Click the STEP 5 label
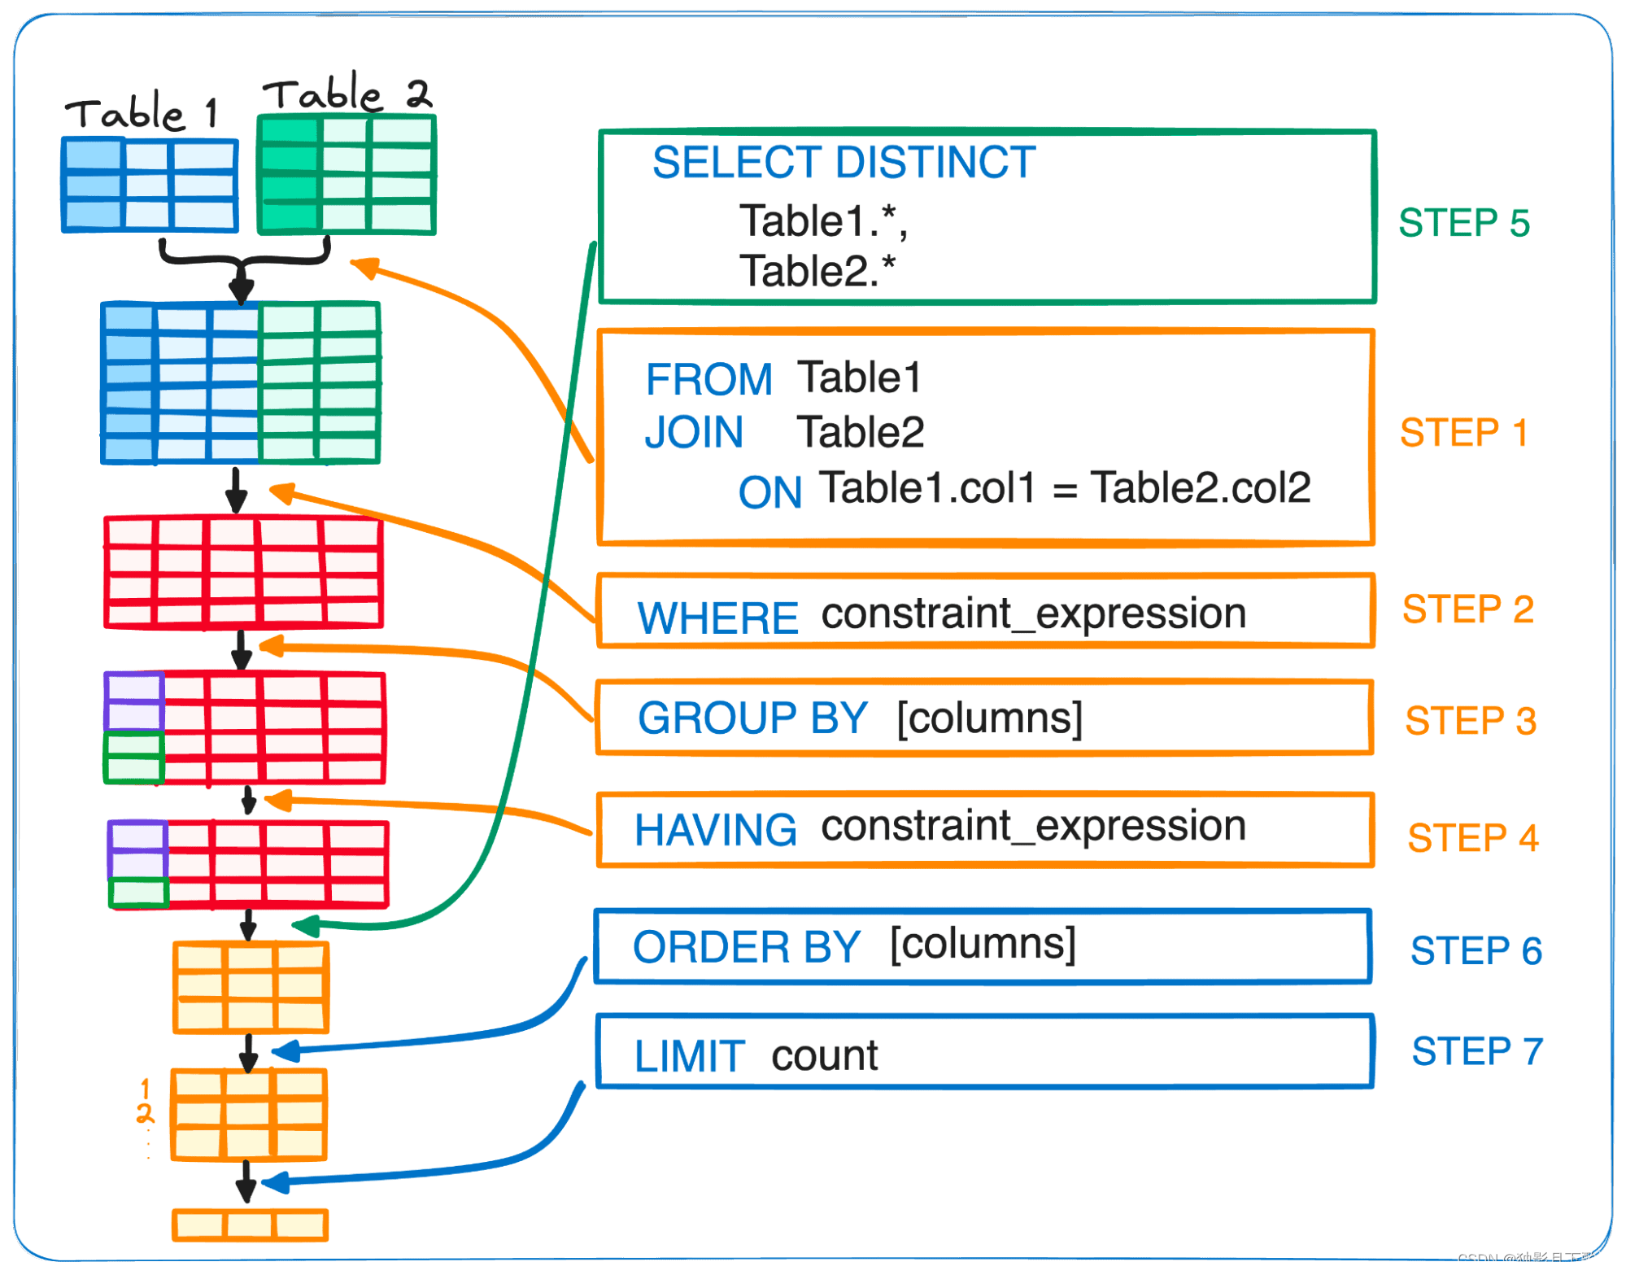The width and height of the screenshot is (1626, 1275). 1463,223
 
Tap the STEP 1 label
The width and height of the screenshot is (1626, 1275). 1463,433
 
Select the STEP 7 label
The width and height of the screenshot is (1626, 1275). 1476,1051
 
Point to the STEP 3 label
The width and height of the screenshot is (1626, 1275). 1470,721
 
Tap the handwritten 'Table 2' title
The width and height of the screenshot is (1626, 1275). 347,94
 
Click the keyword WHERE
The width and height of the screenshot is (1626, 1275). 717,618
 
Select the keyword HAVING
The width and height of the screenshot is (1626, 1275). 715,831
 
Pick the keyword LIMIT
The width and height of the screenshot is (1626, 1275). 689,1057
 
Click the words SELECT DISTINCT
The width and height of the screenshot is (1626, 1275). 844,162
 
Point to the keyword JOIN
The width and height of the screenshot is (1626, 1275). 694,432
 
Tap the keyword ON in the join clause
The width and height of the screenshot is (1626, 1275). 769,492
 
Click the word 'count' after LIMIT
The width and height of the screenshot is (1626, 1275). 824,1055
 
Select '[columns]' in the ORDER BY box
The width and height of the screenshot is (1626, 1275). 983,944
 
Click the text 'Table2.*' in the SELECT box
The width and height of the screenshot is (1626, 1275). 817,271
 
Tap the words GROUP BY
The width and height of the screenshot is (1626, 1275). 752,718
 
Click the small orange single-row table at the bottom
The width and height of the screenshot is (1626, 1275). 250,1225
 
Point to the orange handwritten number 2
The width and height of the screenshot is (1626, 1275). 145,1113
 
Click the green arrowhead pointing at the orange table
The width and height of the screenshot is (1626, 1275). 305,926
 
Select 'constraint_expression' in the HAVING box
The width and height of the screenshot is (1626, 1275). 1033,827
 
